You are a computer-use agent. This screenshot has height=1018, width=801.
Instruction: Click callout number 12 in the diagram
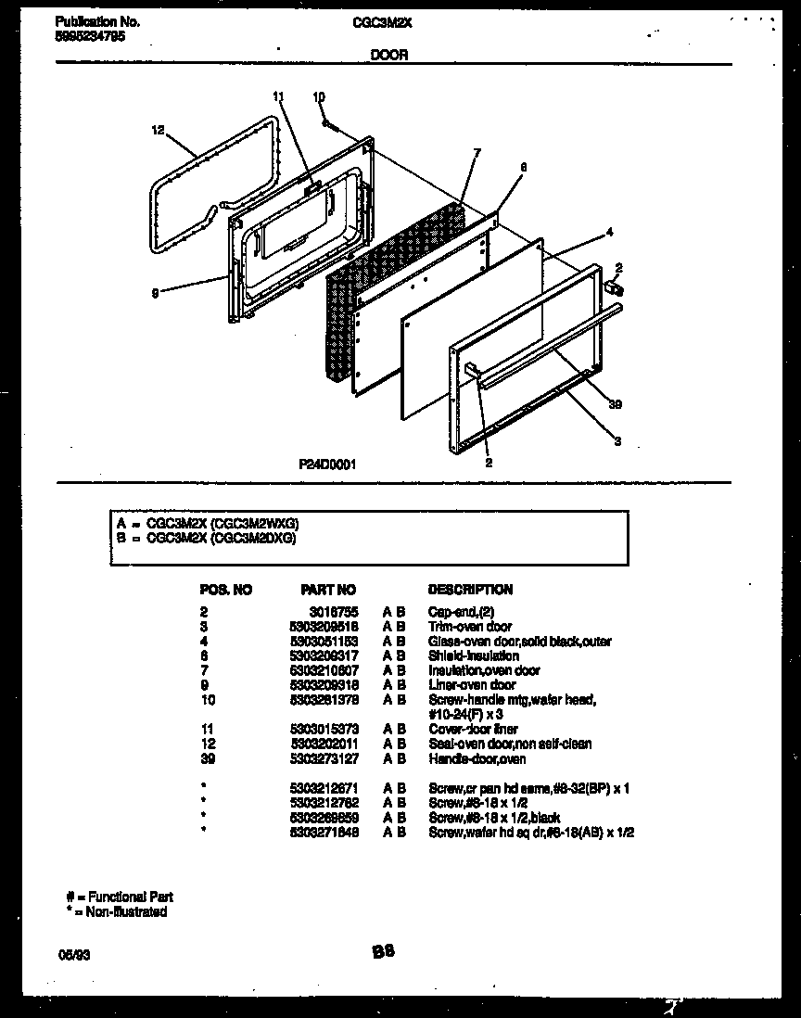pos(157,131)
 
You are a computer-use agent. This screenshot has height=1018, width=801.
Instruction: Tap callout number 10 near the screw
pos(319,96)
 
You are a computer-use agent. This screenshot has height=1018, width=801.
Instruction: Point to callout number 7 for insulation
pos(477,152)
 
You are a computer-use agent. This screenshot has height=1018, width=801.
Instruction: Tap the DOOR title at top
pos(389,56)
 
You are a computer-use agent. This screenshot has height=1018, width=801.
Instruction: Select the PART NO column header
pos(328,590)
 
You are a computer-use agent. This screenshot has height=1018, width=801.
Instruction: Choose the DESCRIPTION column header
pos(470,590)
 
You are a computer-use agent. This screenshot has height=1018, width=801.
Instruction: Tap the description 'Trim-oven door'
pos(469,627)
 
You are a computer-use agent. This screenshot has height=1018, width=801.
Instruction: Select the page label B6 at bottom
pos(384,950)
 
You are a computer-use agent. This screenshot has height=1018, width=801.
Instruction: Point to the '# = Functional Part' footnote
pos(119,897)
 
